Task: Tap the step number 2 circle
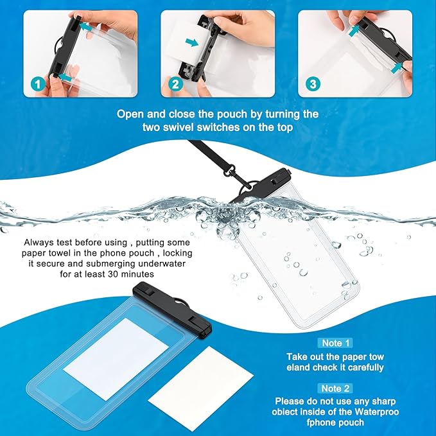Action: [x=174, y=83]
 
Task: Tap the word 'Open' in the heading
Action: [x=131, y=114]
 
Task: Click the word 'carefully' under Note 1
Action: [x=361, y=367]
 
